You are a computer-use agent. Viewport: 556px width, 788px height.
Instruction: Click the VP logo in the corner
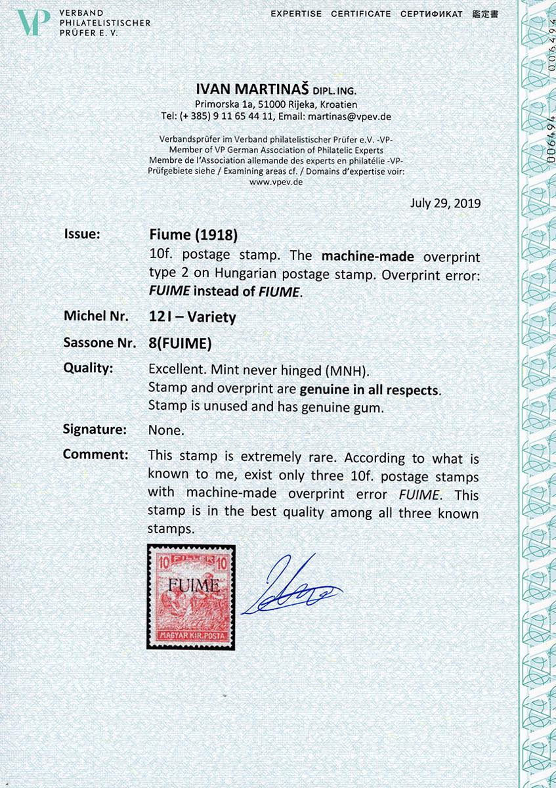[33, 23]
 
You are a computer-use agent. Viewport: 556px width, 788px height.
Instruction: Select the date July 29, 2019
[445, 203]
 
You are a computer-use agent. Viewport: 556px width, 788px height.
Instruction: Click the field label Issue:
[82, 234]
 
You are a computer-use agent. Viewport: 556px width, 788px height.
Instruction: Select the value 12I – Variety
[192, 317]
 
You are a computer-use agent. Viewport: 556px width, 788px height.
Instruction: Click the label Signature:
[95, 429]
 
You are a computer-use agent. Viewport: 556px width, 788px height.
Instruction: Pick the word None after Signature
[166, 430]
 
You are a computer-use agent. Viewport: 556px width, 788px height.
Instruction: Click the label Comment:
[95, 454]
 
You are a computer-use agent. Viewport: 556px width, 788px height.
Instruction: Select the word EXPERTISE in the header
[296, 14]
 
